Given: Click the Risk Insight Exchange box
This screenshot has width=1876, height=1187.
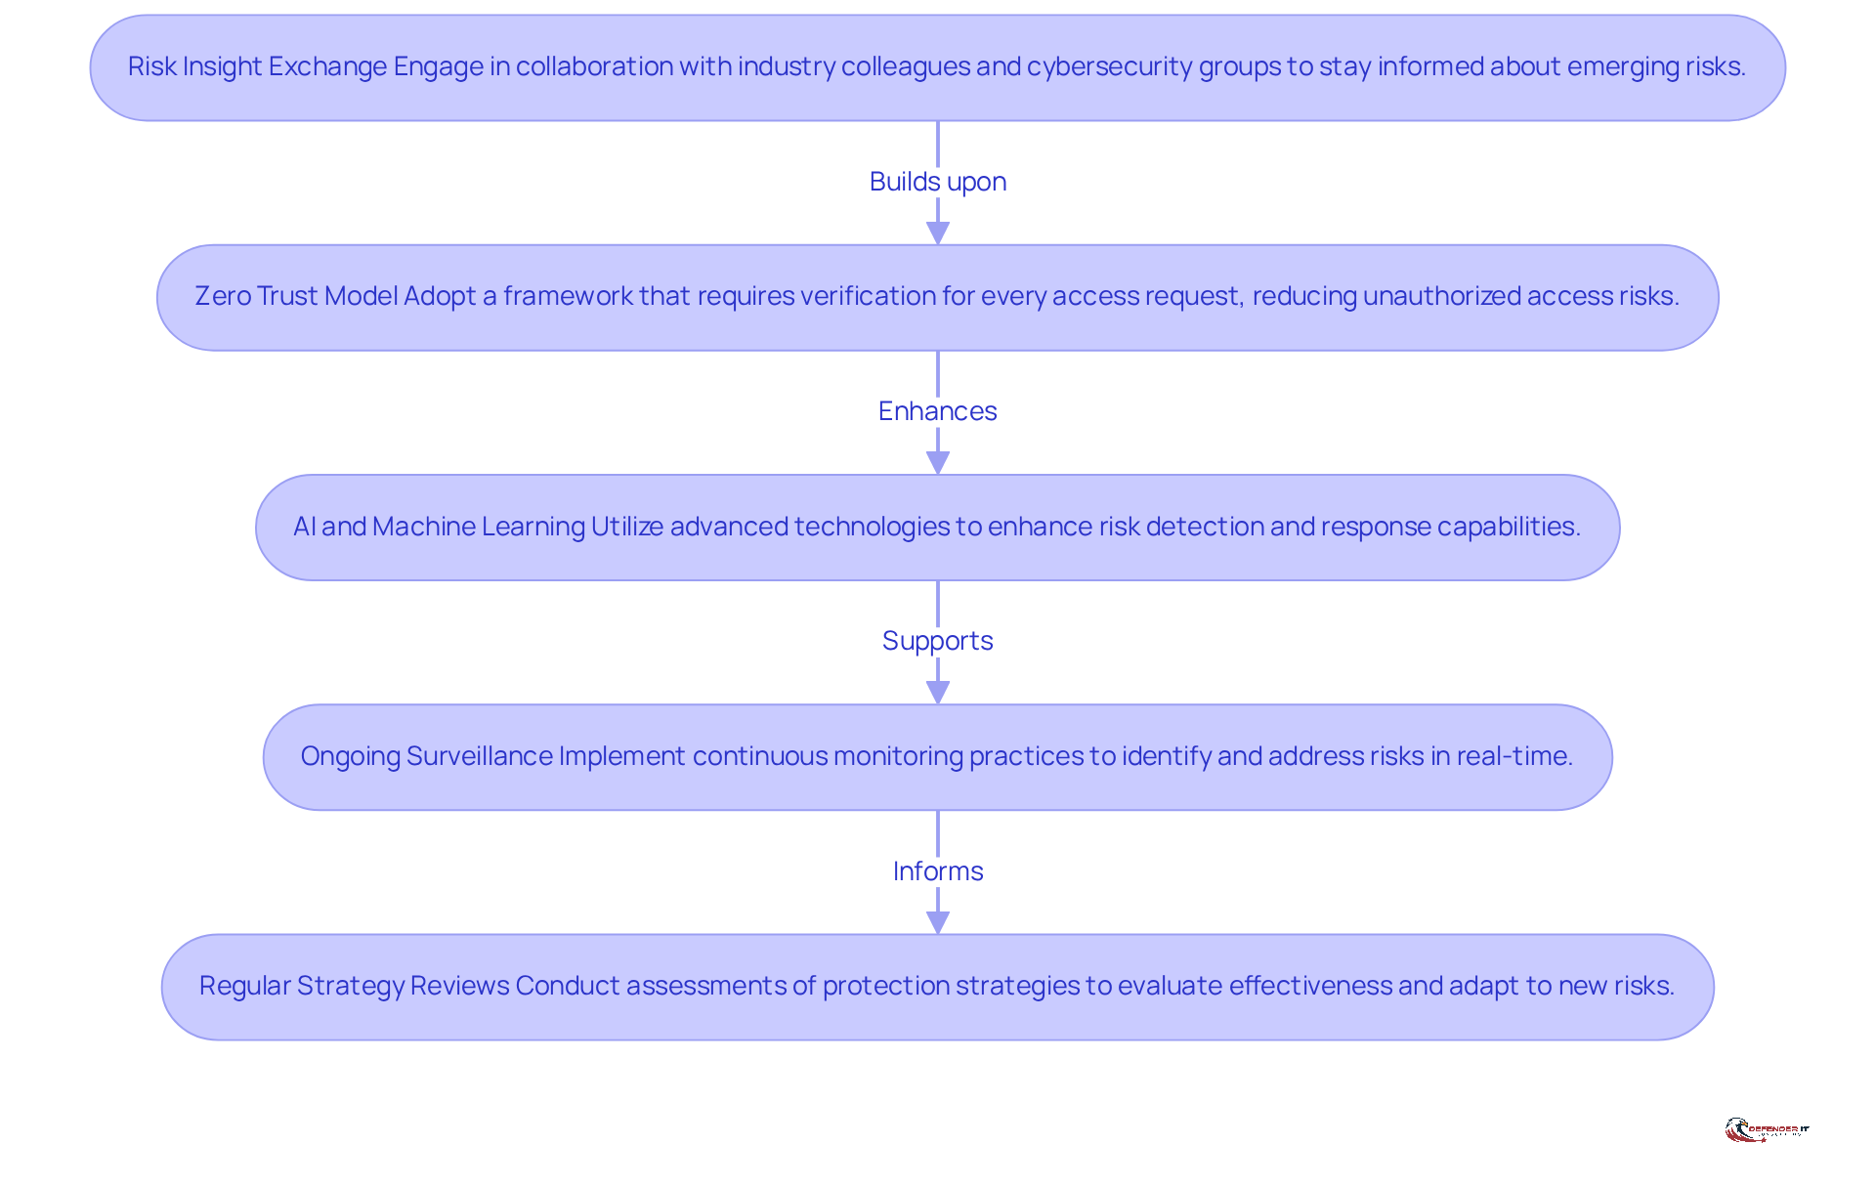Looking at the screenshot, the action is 938,67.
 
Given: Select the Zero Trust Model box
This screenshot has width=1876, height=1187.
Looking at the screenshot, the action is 938,297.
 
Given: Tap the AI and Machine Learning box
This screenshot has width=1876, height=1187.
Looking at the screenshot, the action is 938,528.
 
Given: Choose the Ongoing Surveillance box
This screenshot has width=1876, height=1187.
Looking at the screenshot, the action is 938,757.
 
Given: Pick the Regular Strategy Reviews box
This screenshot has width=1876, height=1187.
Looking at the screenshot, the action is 938,987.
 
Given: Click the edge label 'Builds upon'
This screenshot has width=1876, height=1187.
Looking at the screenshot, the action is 938,182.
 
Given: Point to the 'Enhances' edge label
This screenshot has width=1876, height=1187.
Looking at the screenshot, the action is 938,411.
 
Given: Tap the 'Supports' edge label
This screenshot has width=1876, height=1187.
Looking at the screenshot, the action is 938,641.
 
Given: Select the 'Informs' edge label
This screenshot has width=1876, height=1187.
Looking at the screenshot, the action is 938,870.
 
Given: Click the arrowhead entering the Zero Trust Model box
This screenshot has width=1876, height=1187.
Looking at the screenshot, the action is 938,233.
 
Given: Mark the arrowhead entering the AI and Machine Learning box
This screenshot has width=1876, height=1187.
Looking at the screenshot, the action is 938,463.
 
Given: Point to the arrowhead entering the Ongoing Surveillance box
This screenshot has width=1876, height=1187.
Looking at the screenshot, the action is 938,693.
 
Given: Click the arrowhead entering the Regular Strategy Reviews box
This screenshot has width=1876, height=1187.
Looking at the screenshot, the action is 938,922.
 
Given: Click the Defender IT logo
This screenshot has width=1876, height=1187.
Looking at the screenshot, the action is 1767,1130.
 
